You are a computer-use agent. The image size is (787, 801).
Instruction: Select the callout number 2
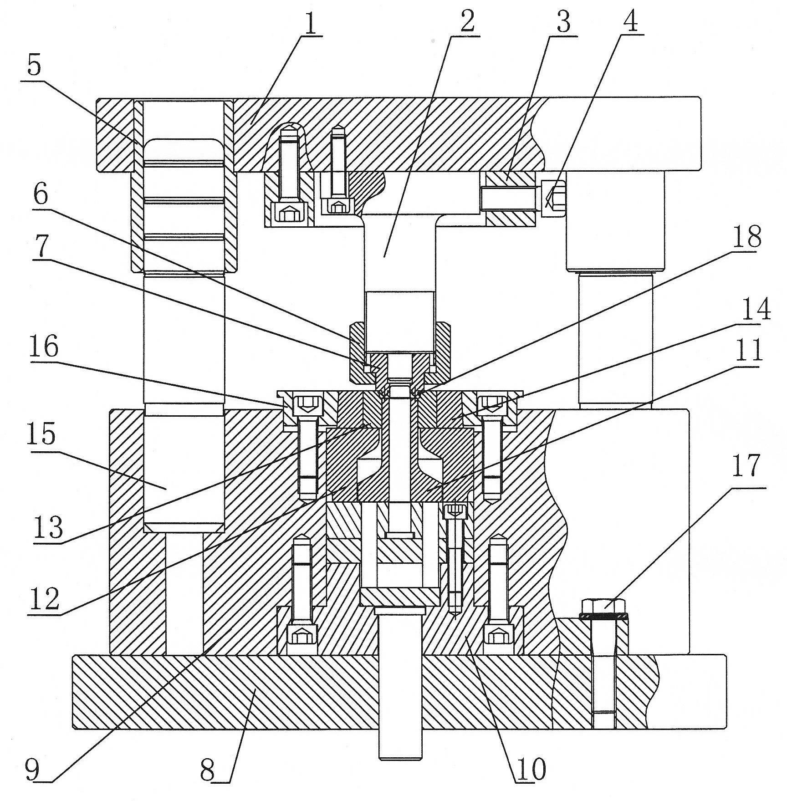click(467, 20)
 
